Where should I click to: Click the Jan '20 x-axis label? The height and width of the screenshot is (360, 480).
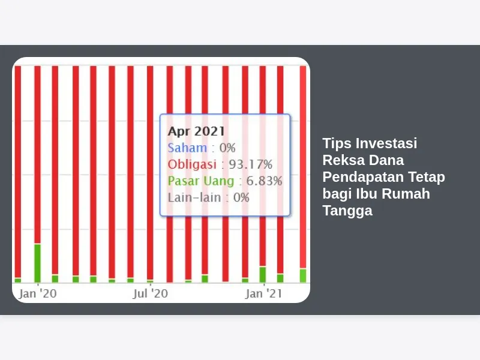click(38, 293)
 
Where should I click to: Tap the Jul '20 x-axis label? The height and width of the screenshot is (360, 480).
click(151, 293)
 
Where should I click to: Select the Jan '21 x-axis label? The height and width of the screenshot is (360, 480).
click(263, 293)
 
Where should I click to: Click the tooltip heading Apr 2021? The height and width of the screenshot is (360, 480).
click(196, 131)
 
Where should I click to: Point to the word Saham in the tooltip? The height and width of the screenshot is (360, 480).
click(187, 148)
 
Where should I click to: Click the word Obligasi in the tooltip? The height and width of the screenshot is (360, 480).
click(192, 164)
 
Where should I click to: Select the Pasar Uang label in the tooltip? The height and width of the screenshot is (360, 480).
click(201, 181)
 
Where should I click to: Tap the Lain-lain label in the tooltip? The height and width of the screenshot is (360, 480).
click(194, 197)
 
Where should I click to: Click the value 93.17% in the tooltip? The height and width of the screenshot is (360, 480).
click(251, 164)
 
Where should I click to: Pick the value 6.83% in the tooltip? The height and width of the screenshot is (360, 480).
click(264, 181)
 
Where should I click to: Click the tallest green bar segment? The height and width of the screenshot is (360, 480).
click(37, 263)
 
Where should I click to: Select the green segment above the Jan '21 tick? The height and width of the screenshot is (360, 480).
click(263, 275)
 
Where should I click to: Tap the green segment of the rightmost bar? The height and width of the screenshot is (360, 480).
click(303, 275)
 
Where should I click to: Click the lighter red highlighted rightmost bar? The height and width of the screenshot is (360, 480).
click(303, 167)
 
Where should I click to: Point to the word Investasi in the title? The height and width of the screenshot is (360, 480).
click(386, 143)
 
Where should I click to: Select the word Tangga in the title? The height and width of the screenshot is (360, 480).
click(347, 211)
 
